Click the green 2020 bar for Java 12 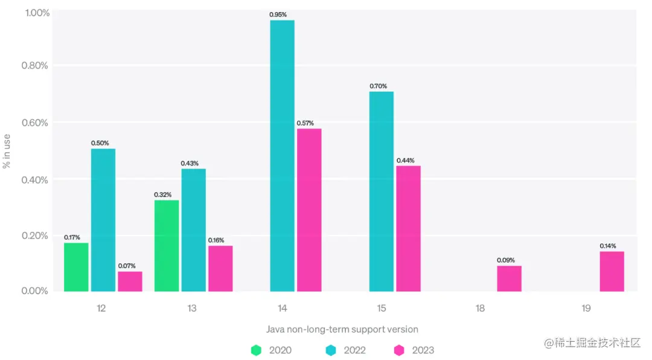click(x=76, y=267)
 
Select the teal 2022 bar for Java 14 click(x=283, y=156)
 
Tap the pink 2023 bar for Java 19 click(x=612, y=271)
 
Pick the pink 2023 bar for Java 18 click(x=509, y=278)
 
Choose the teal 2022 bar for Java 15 click(x=382, y=191)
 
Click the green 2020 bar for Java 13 click(x=167, y=245)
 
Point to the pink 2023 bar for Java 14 click(x=309, y=210)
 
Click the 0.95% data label click(x=278, y=14)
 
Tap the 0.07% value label click(x=127, y=266)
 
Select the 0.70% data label click(x=379, y=86)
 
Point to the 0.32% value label click(x=163, y=194)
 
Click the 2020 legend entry click(x=272, y=350)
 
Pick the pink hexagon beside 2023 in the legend click(x=399, y=350)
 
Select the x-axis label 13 click(x=192, y=308)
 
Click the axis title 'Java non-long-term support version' click(x=342, y=329)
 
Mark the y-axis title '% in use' click(x=7, y=151)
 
